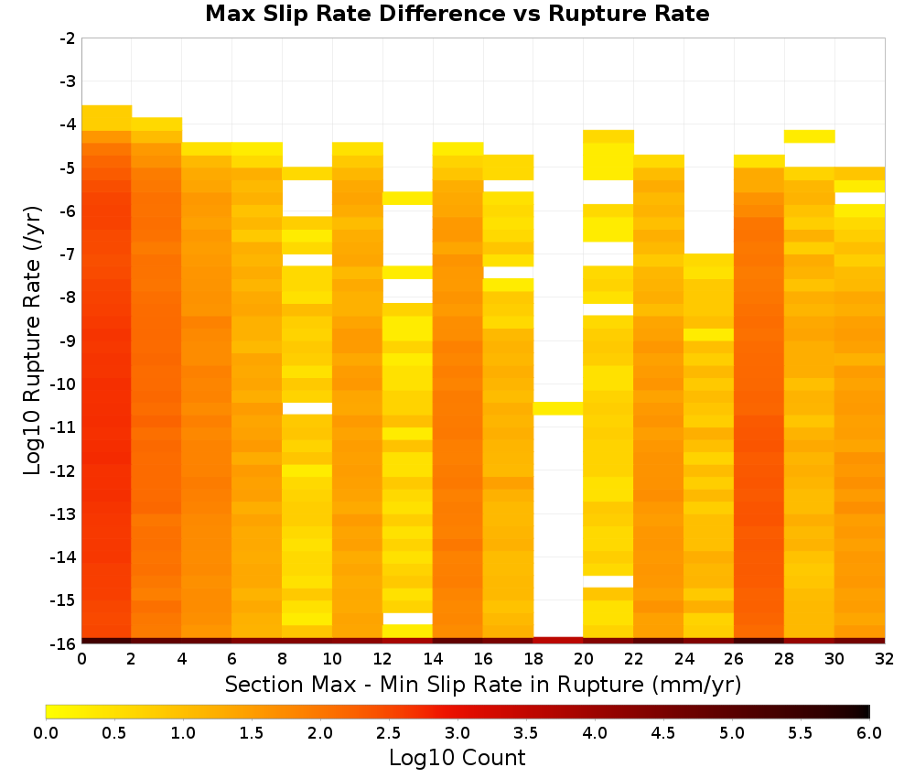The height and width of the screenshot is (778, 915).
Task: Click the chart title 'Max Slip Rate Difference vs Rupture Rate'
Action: pos(457,14)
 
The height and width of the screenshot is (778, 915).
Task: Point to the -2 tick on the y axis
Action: pos(68,38)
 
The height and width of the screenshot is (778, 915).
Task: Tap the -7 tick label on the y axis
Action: pos(68,254)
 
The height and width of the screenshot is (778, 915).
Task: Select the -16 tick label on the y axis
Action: pos(64,643)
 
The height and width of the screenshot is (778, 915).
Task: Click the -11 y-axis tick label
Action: pos(64,427)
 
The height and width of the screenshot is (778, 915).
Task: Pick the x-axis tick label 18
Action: pos(533,659)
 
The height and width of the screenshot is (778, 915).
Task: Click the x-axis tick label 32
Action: pos(885,659)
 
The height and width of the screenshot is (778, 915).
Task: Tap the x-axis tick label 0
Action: pos(81,659)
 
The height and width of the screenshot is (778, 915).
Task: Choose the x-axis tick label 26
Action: pos(734,659)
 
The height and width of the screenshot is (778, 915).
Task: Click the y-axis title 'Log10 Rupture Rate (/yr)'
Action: pos(33,340)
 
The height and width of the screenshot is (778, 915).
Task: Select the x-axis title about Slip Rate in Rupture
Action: pos(483,684)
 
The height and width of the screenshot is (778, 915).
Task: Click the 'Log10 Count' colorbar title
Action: pos(457,758)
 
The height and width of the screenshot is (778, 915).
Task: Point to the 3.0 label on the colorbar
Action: pos(457,733)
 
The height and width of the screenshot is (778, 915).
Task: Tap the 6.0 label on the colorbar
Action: pos(869,733)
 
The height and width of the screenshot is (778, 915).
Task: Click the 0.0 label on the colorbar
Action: pos(46,733)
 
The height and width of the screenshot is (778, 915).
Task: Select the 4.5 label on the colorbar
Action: pos(663,733)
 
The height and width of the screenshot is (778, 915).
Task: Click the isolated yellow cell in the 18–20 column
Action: pos(558,408)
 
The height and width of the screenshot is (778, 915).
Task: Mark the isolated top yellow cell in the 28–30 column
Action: pos(810,136)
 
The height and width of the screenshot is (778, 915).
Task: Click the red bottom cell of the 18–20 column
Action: pos(558,641)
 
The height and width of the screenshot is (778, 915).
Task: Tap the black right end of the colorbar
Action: pos(864,711)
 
